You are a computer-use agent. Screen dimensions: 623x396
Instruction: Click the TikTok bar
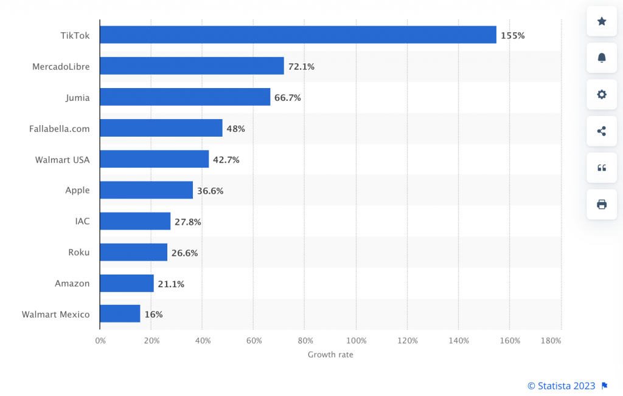click(x=298, y=35)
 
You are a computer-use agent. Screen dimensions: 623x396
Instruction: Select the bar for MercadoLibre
click(x=192, y=66)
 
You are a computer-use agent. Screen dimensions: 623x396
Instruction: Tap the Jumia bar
click(x=185, y=97)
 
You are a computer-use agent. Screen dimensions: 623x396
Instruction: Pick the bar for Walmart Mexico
click(x=120, y=313)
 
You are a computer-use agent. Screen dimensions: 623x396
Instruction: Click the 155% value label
click(x=512, y=36)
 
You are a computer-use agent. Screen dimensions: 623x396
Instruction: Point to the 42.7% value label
click(x=226, y=160)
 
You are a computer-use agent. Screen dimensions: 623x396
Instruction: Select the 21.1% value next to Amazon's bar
click(x=171, y=284)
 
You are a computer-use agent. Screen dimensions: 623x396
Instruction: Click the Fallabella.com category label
click(x=59, y=129)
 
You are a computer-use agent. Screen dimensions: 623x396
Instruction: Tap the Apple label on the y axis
click(x=77, y=190)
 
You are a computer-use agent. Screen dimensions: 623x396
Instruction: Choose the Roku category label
click(x=78, y=253)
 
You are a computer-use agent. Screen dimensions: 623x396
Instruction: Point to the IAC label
click(x=82, y=221)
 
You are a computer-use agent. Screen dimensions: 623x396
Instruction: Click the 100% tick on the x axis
click(x=357, y=341)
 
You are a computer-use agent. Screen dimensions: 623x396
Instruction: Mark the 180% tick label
click(x=551, y=341)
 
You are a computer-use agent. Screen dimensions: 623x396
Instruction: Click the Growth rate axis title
click(x=330, y=354)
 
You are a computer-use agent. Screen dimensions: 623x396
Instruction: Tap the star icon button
click(x=602, y=21)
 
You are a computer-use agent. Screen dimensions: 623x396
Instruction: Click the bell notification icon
click(x=602, y=58)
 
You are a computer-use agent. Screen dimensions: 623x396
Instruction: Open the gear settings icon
click(x=602, y=94)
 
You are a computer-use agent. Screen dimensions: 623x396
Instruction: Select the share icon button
click(x=602, y=131)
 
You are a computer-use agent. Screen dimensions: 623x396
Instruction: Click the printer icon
click(x=602, y=204)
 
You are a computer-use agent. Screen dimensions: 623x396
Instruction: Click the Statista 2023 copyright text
click(x=561, y=386)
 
